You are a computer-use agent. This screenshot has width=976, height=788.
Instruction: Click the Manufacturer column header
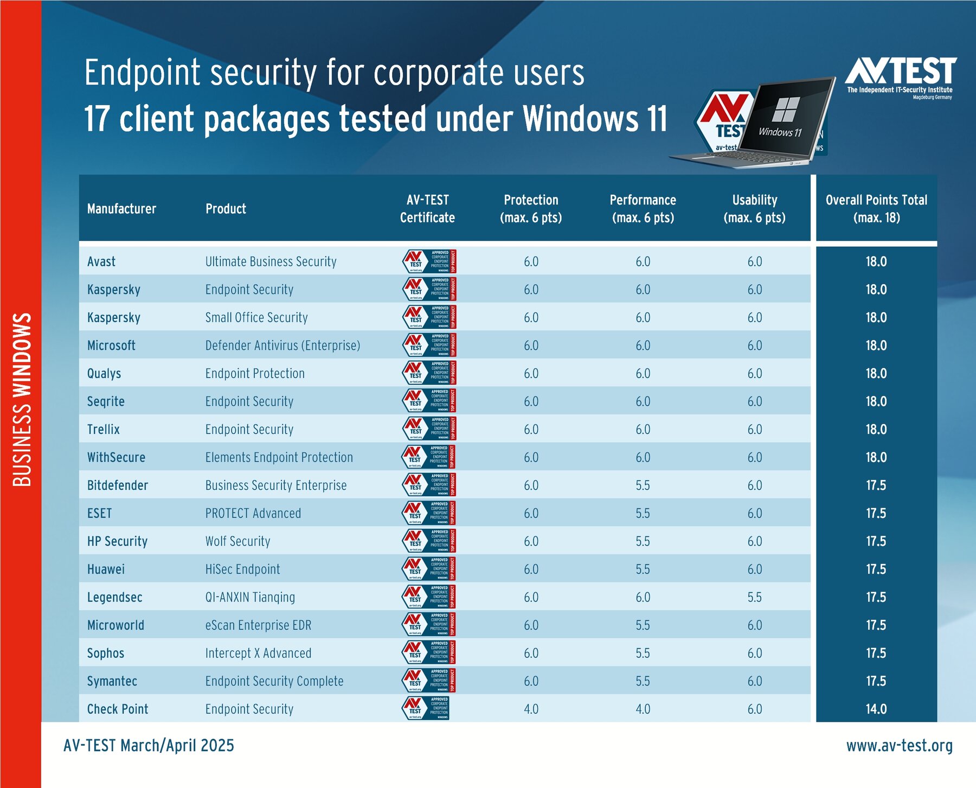pyautogui.click(x=121, y=209)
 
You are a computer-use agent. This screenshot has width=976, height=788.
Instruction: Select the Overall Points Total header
pyautogui.click(x=876, y=209)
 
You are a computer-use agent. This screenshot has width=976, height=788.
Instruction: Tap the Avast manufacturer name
pyautogui.click(x=101, y=261)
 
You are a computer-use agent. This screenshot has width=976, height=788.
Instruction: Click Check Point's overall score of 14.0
pyautogui.click(x=876, y=709)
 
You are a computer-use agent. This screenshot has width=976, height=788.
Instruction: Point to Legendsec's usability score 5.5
pyautogui.click(x=755, y=597)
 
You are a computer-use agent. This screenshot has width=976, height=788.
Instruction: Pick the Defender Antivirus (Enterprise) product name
pyautogui.click(x=282, y=345)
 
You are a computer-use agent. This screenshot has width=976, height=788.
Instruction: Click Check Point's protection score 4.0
pyautogui.click(x=531, y=709)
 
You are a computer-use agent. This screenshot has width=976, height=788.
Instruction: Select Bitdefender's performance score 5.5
pyautogui.click(x=643, y=485)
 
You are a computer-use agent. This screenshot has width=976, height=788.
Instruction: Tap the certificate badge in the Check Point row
pyautogui.click(x=426, y=708)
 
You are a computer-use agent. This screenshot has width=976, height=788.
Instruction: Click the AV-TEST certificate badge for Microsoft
pyautogui.click(x=429, y=345)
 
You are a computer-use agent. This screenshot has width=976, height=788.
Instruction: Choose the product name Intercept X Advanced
pyautogui.click(x=258, y=653)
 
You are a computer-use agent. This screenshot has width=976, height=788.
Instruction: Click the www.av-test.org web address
pyautogui.click(x=899, y=746)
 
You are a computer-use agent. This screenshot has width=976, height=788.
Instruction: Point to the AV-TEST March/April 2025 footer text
pyautogui.click(x=149, y=746)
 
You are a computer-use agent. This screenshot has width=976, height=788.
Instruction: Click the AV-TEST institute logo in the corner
pyautogui.click(x=901, y=76)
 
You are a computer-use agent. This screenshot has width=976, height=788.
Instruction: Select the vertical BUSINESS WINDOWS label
pyautogui.click(x=22, y=400)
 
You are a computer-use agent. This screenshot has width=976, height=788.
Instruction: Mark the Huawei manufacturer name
pyautogui.click(x=106, y=569)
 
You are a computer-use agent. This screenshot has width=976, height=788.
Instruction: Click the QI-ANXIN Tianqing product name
pyautogui.click(x=250, y=597)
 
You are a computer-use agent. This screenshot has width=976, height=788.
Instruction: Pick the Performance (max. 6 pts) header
pyautogui.click(x=643, y=209)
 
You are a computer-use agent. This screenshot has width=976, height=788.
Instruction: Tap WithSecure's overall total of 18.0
pyautogui.click(x=876, y=457)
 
